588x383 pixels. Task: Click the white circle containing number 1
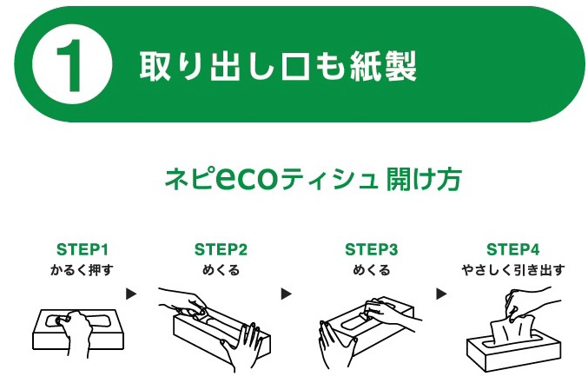(x=72, y=63)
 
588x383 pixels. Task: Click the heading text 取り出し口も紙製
(x=278, y=66)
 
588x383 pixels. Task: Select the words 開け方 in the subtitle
(x=423, y=179)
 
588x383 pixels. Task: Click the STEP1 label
(x=83, y=249)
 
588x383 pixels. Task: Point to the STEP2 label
(x=221, y=249)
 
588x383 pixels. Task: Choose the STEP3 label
(x=371, y=249)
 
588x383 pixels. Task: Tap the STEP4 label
(x=512, y=249)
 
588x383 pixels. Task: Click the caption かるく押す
(x=82, y=270)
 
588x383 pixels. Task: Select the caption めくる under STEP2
(x=221, y=270)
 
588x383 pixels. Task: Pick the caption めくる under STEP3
(x=372, y=270)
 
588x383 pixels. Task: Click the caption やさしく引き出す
(x=513, y=270)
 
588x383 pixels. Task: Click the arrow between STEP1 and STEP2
(x=131, y=294)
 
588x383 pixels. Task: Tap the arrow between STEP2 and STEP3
(x=286, y=294)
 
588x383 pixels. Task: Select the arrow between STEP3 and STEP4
(x=441, y=294)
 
